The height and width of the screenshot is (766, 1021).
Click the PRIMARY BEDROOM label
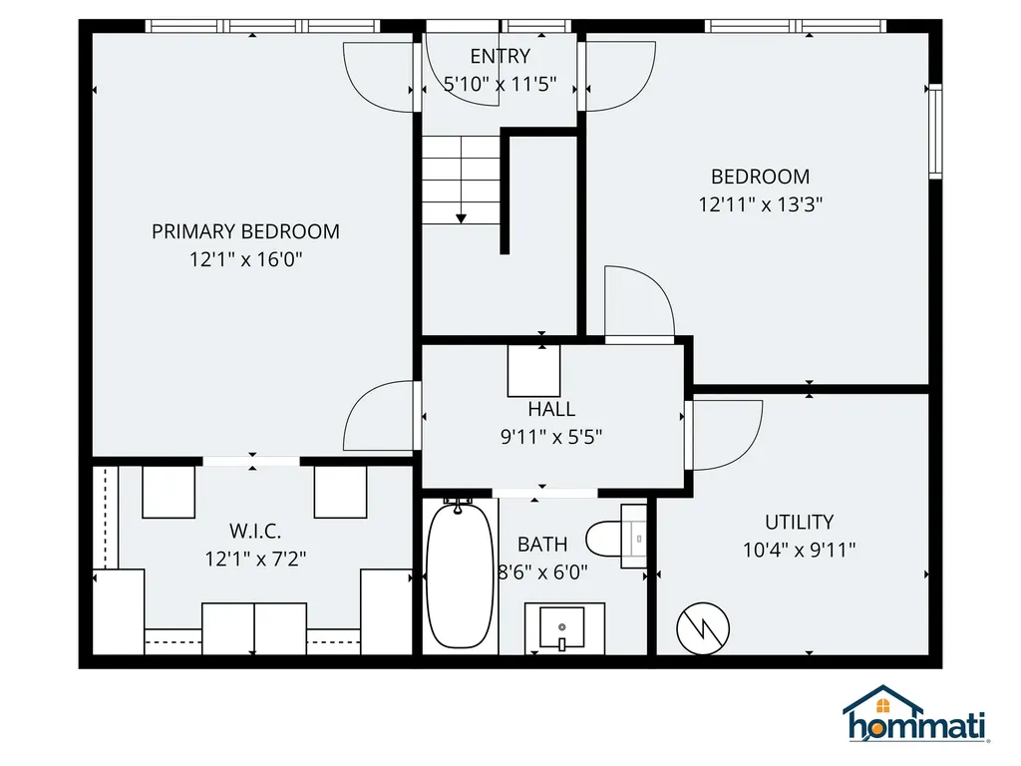click(245, 231)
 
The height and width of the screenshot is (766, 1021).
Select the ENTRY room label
click(501, 57)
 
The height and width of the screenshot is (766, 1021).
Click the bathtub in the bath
click(459, 575)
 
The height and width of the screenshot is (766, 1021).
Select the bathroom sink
click(563, 627)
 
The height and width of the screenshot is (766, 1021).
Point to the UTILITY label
click(799, 522)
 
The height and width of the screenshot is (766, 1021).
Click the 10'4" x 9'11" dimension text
click(799, 550)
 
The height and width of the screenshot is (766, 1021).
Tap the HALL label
click(551, 409)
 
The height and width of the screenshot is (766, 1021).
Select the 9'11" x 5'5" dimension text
click(551, 436)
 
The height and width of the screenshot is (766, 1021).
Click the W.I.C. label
click(255, 531)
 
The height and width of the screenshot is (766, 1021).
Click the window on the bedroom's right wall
click(935, 132)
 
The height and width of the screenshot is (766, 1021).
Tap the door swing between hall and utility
click(726, 434)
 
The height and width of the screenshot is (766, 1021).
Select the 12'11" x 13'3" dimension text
click(760, 204)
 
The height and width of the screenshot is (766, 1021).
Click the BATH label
click(542, 545)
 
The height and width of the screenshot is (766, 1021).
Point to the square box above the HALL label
click(533, 371)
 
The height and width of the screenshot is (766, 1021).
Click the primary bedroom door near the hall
click(380, 416)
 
